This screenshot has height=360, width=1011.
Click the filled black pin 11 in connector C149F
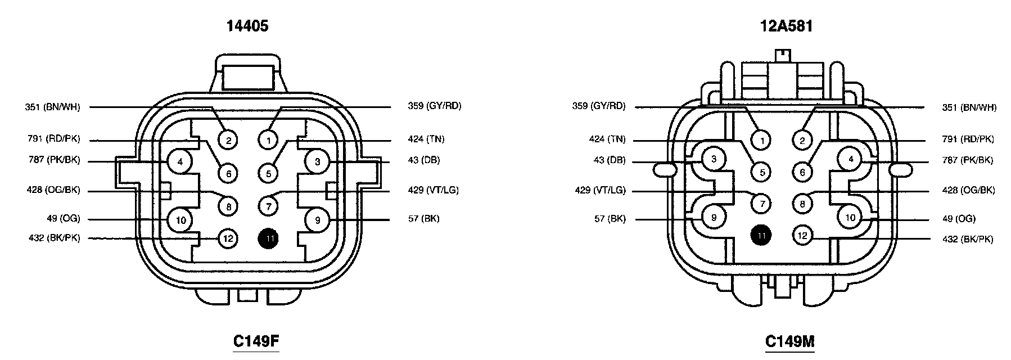pos(269,238)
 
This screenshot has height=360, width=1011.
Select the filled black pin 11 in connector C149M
pos(762,236)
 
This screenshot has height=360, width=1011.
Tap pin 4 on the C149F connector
pos(180,162)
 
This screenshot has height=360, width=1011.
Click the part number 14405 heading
pos(247,26)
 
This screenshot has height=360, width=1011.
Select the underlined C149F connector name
pos(256,341)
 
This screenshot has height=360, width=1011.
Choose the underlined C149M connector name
pos(789,341)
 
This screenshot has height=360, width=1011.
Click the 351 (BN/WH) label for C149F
pos(52,107)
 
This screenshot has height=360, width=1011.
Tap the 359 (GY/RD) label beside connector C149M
pos(598,106)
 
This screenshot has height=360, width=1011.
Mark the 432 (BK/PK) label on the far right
pos(968,239)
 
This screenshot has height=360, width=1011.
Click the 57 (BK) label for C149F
pos(423,218)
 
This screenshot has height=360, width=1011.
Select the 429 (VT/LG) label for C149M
pos(599,190)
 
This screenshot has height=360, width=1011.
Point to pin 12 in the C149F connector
pos(228,238)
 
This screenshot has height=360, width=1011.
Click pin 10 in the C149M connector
pos(850,217)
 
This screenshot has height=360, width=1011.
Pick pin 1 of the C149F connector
pos(269,139)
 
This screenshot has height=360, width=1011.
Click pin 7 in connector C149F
pos(269,206)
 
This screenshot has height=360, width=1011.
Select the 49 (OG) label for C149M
pos(959,218)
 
